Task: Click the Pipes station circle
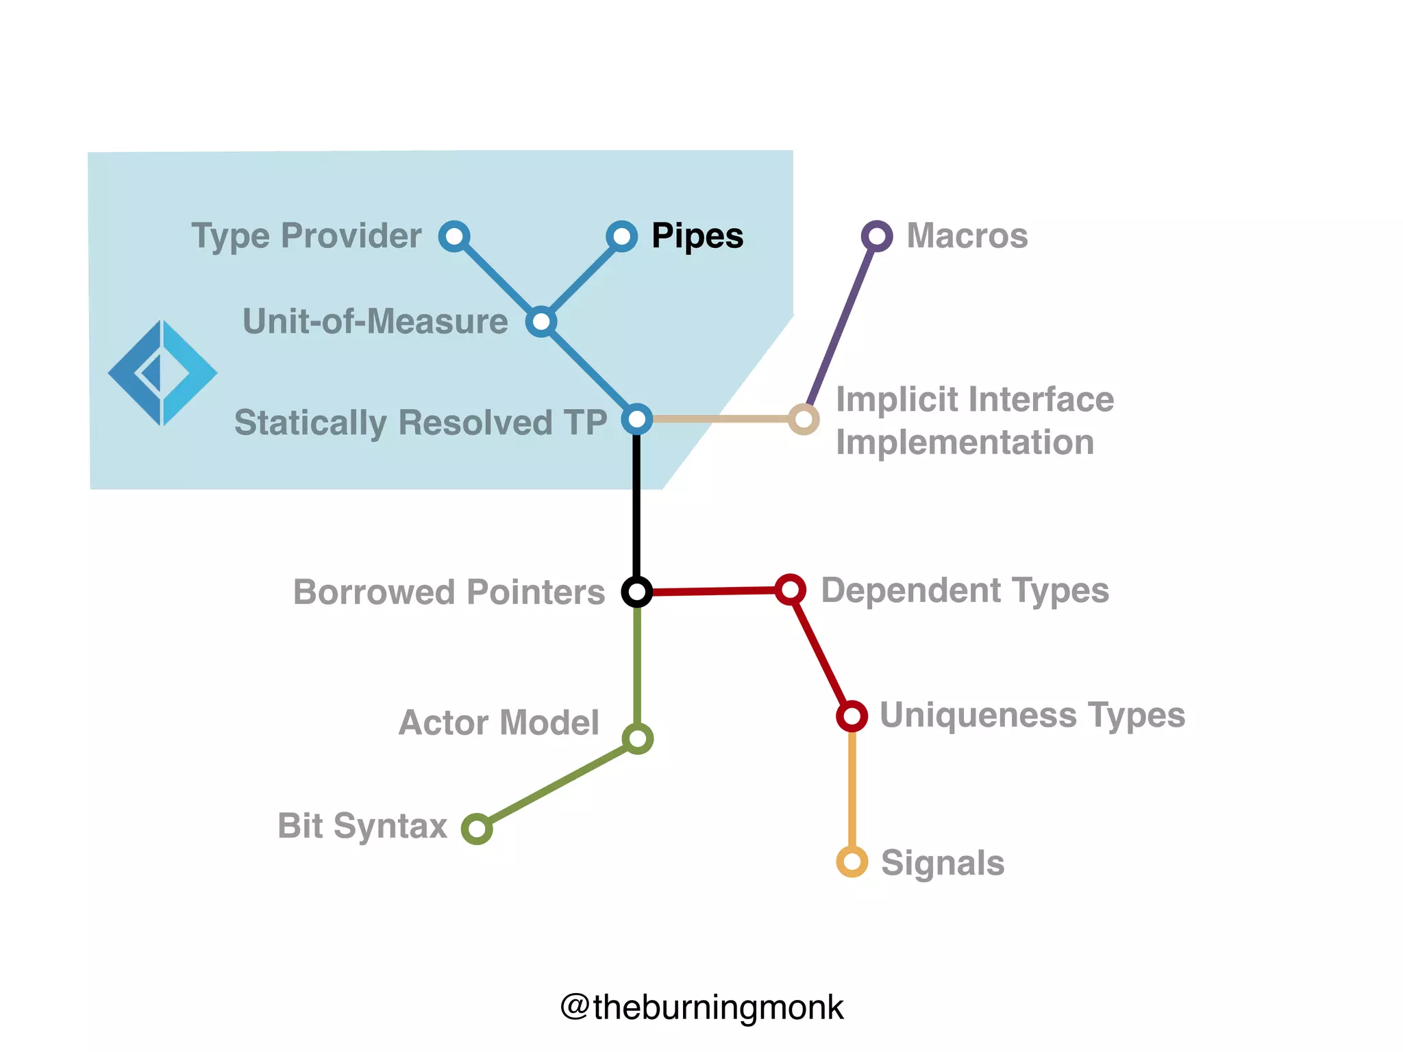(621, 236)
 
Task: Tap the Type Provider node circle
(454, 236)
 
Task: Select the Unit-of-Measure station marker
(541, 321)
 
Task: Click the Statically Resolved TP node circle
(637, 418)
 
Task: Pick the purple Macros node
(877, 236)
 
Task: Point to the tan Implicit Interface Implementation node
(804, 418)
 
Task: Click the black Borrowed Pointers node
(637, 591)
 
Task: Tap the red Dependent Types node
(790, 589)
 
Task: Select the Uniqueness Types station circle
(852, 716)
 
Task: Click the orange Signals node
(852, 862)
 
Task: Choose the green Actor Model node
(637, 738)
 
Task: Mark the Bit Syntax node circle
(477, 829)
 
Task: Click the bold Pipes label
(697, 236)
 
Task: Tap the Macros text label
(967, 236)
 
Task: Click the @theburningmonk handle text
(701, 1007)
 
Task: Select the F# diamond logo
(162, 373)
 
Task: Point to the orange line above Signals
(852, 788)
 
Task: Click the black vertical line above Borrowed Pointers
(637, 507)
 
